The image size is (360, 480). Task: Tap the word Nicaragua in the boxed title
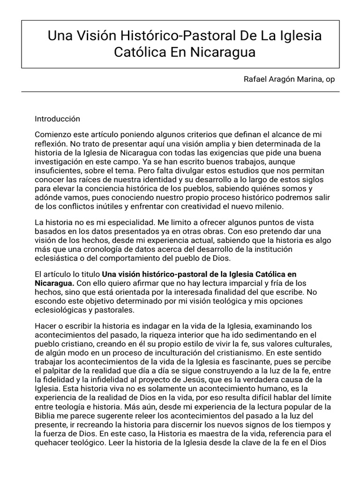click(x=223, y=52)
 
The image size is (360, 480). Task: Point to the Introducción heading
click(x=58, y=119)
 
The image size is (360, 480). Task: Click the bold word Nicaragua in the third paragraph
click(x=54, y=283)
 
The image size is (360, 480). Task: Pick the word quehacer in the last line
click(x=54, y=441)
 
